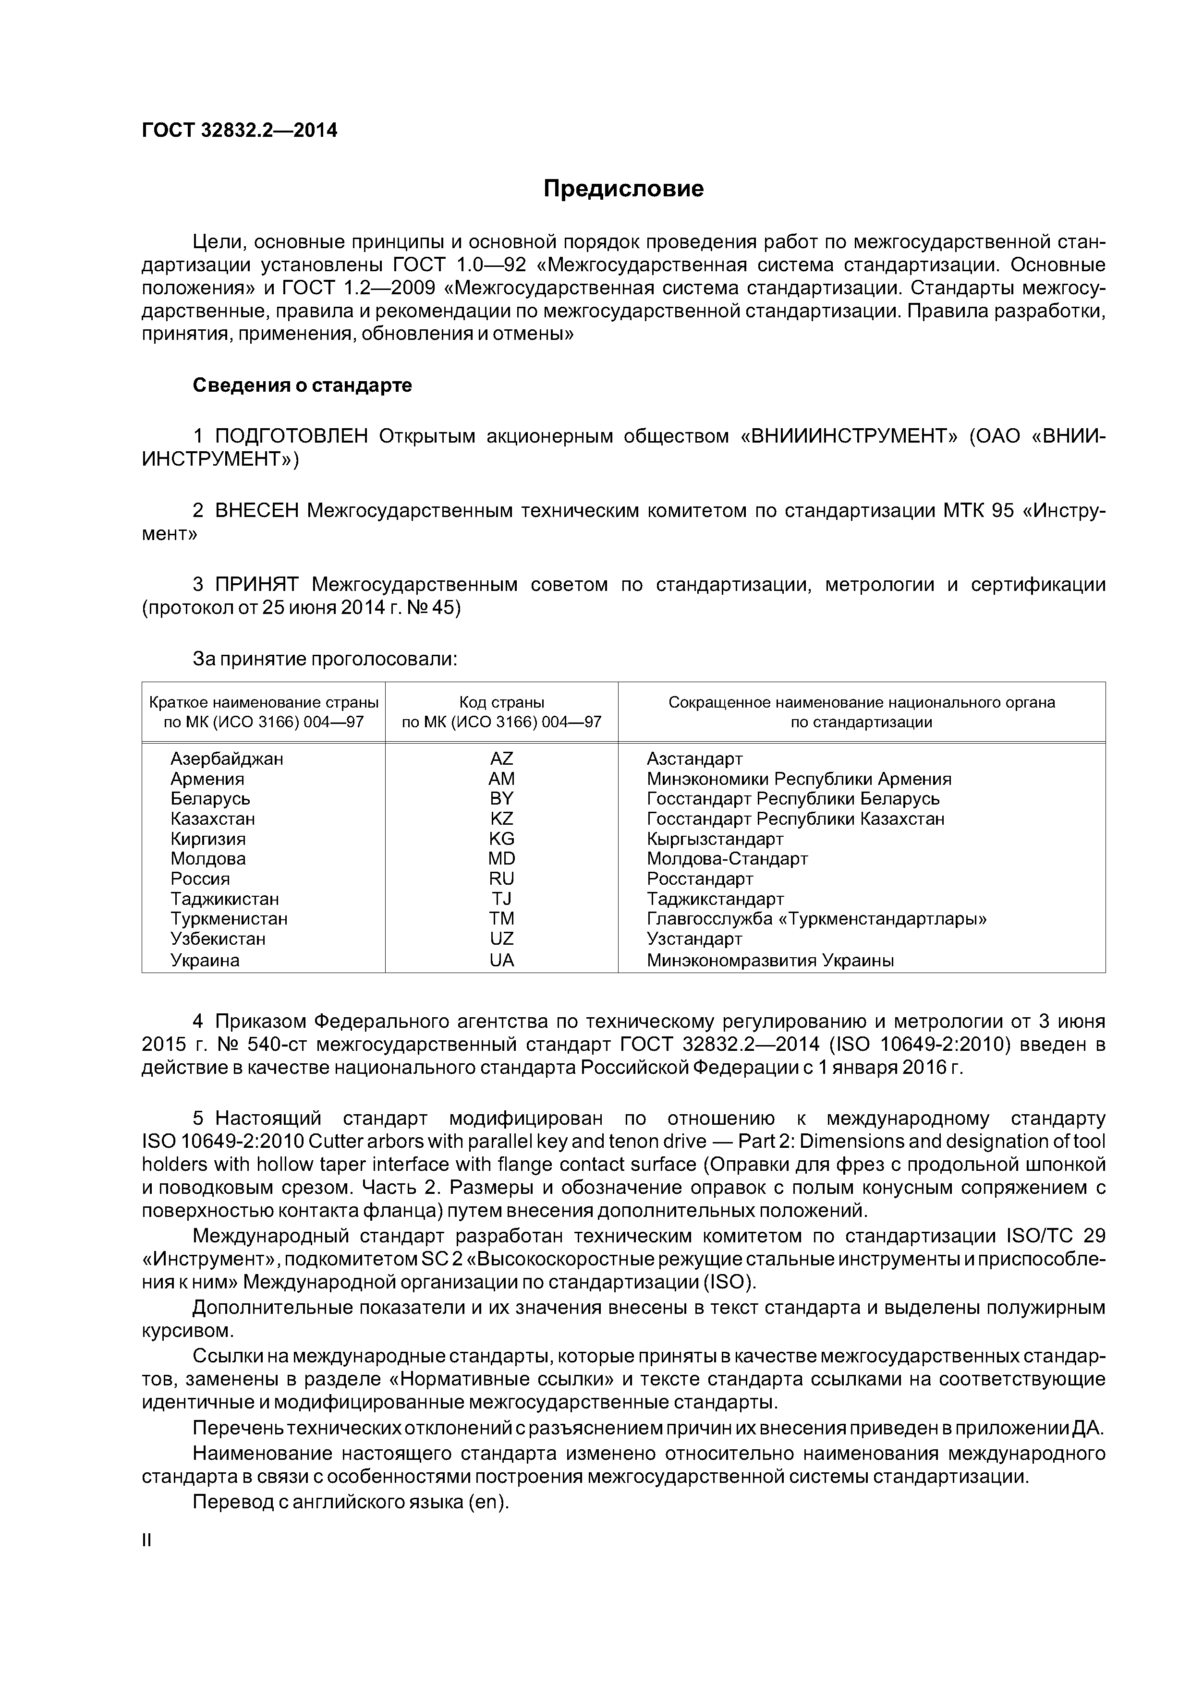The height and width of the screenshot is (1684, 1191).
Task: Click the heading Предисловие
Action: click(623, 189)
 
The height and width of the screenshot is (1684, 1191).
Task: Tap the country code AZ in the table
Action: click(501, 758)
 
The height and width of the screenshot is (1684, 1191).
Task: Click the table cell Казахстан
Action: click(213, 818)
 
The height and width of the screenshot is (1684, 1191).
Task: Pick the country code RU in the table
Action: click(501, 878)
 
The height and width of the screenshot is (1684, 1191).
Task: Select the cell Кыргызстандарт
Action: click(715, 838)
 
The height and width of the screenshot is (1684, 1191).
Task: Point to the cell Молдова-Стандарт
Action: click(727, 858)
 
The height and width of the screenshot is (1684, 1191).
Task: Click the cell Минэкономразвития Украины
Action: click(770, 960)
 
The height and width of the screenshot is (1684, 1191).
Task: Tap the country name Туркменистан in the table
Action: click(229, 918)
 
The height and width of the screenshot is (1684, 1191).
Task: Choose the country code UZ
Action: click(501, 939)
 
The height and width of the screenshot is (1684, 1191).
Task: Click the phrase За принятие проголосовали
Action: click(325, 660)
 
